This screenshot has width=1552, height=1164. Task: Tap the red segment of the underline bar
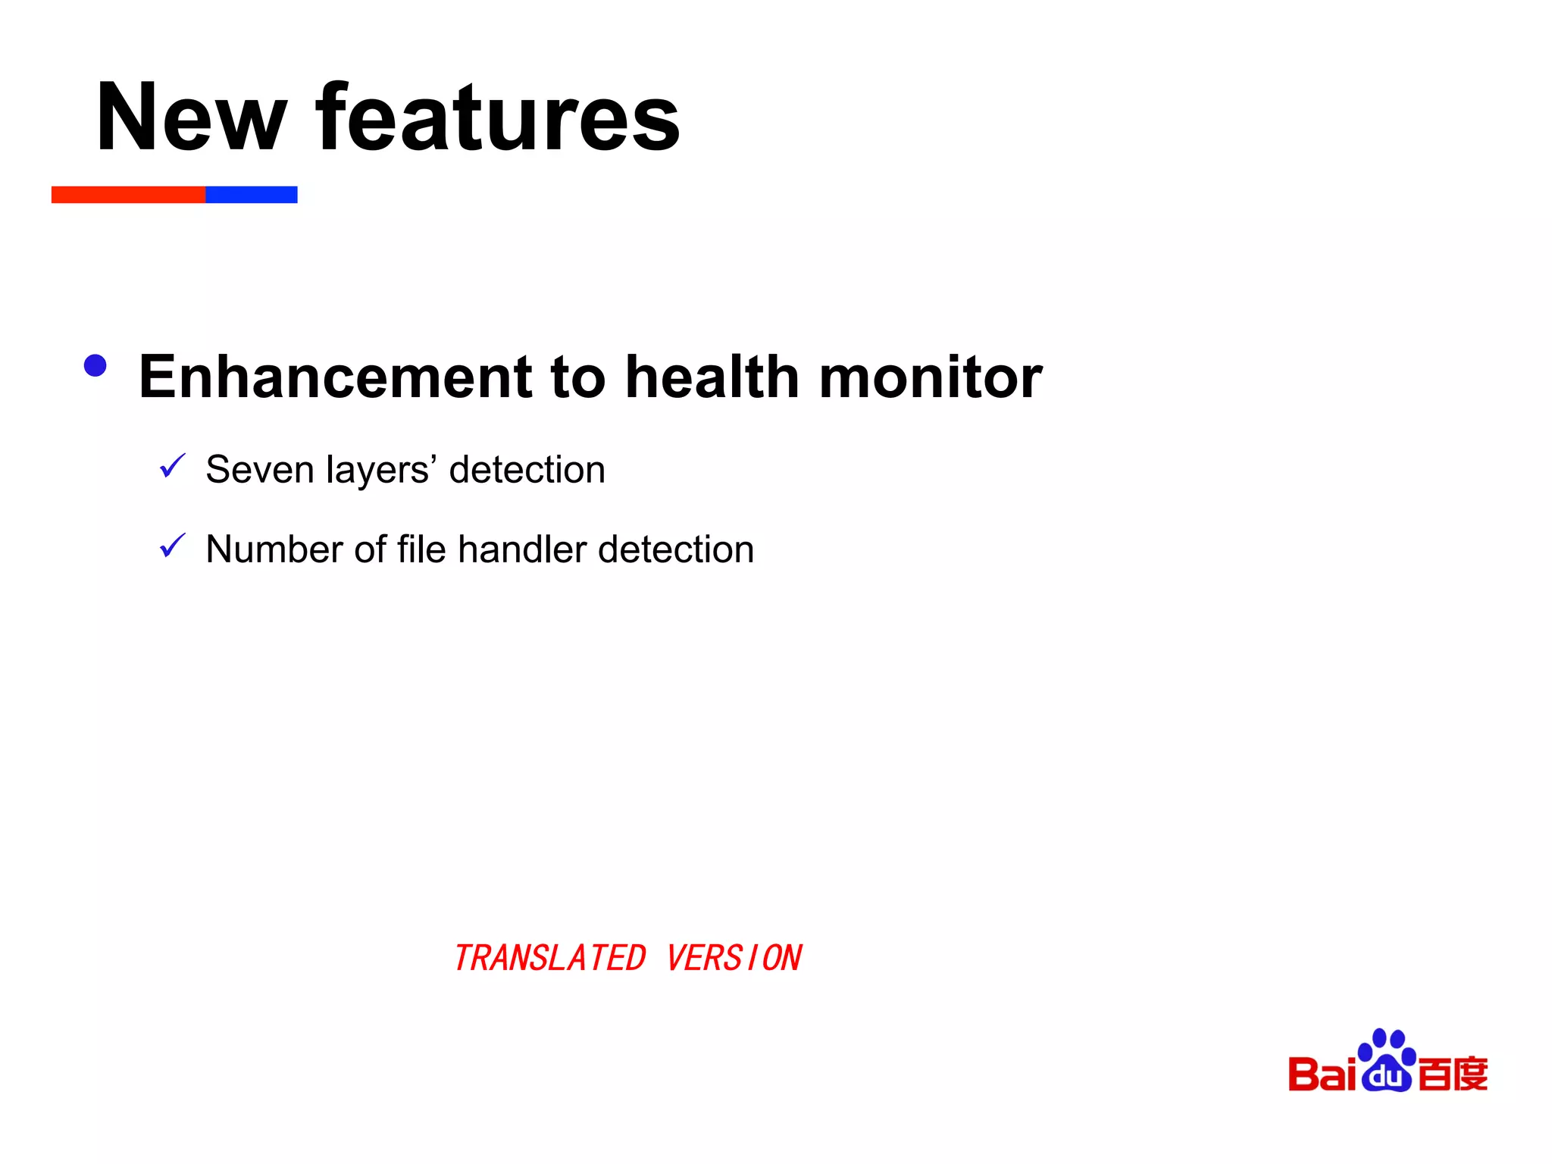(128, 195)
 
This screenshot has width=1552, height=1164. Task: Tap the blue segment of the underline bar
(251, 195)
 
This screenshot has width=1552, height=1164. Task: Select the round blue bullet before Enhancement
(95, 366)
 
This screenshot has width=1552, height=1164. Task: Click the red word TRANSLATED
(549, 958)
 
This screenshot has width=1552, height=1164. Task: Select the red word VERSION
(734, 958)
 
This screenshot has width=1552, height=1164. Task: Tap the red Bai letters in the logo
(1322, 1074)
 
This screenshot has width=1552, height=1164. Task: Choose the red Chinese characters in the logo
(1452, 1074)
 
